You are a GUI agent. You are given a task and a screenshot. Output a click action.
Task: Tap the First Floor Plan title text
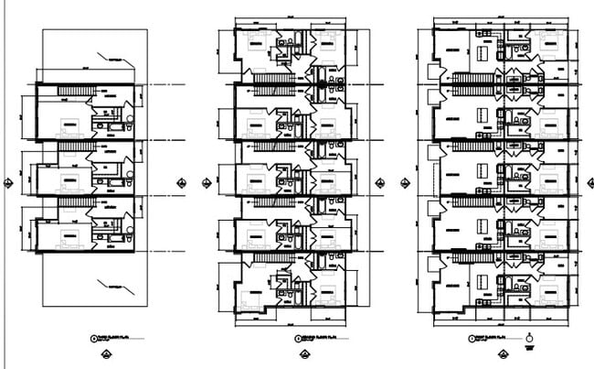tap(486, 338)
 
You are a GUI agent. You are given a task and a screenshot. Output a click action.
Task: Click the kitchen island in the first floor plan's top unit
tap(482, 57)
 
